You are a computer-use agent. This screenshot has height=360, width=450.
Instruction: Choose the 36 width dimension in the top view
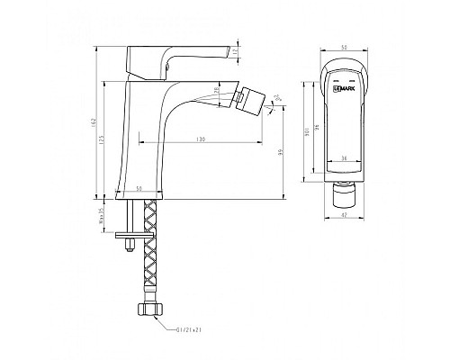point(346,158)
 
